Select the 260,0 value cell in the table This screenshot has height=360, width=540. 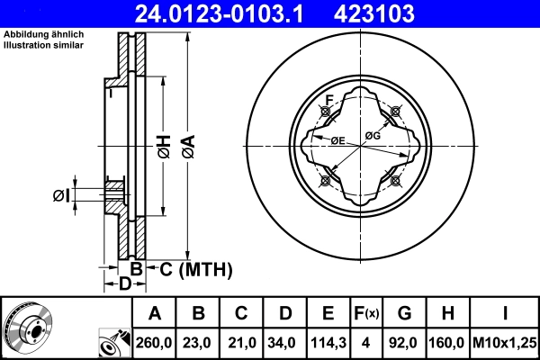(155, 343)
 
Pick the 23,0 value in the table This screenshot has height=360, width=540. (199, 343)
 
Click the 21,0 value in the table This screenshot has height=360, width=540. (242, 343)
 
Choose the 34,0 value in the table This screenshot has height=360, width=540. (285, 343)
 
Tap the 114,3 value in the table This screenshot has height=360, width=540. (328, 343)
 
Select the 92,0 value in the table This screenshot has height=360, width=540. (404, 343)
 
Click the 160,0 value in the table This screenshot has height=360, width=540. (448, 343)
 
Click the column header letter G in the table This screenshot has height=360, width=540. (404, 314)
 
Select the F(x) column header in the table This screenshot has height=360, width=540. (366, 314)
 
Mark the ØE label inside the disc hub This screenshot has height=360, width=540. (339, 139)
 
